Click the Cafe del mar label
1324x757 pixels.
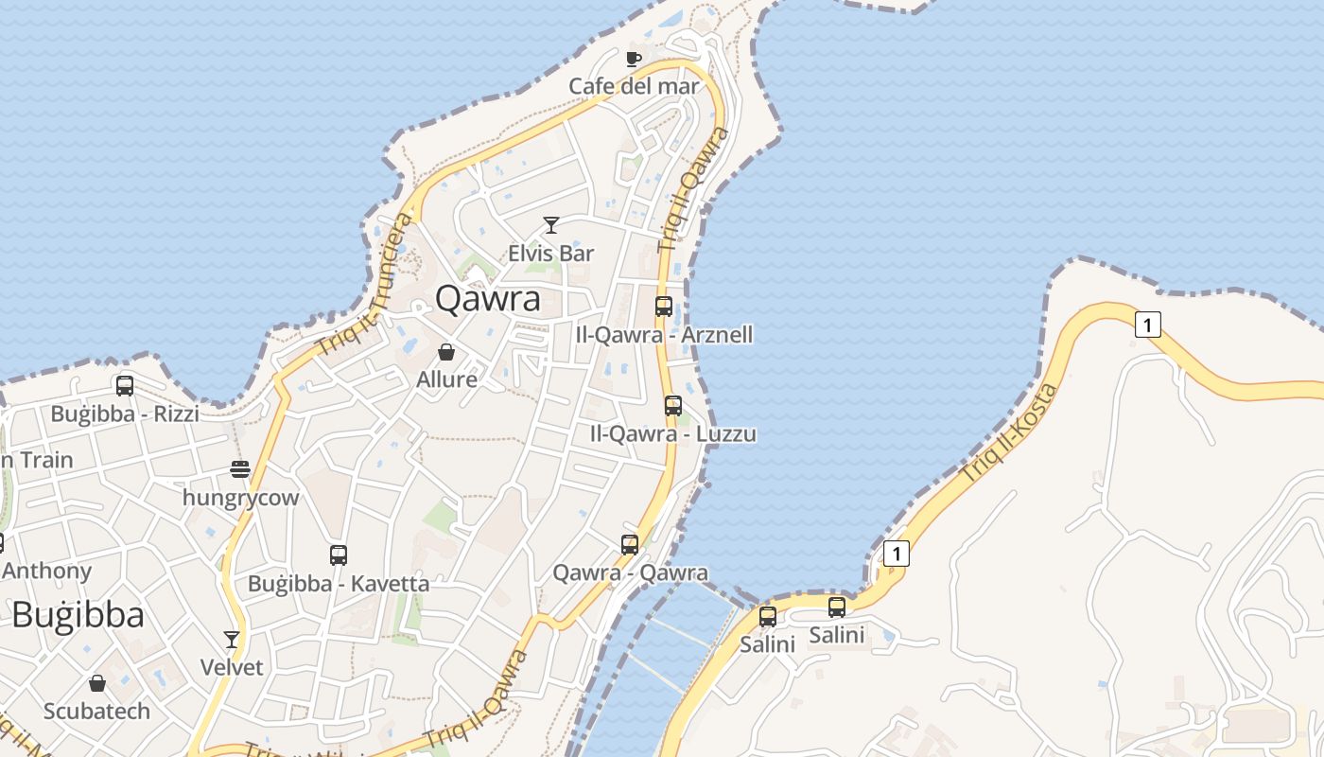click(634, 86)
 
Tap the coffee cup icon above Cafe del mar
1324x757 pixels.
click(634, 60)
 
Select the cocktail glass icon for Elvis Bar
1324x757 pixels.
click(551, 225)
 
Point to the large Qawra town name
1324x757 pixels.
click(488, 299)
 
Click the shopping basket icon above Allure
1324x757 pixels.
click(446, 352)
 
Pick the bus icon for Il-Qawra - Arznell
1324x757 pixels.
click(664, 307)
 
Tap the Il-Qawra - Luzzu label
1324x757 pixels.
click(672, 434)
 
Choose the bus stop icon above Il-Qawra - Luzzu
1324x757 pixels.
click(673, 406)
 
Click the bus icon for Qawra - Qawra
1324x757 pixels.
click(630, 545)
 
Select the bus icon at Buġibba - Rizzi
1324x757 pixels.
click(125, 386)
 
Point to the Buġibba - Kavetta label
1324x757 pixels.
click(339, 584)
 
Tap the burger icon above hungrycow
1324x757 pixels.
click(240, 469)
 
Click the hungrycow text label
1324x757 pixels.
click(240, 498)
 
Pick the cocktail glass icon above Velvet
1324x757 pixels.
click(232, 640)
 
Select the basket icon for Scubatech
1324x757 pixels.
click(97, 683)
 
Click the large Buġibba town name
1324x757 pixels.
click(78, 615)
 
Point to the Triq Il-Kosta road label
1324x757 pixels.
click(1008, 433)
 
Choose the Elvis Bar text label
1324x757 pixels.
click(551, 253)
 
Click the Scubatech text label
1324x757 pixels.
click(96, 711)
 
